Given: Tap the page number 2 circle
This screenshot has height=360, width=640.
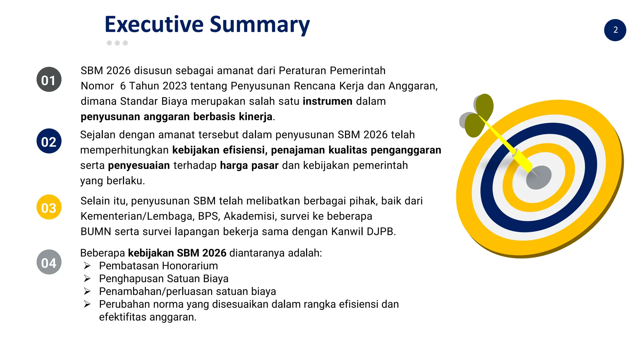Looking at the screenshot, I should coord(615,30).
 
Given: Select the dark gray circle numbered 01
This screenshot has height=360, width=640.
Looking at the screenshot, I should coord(49,80).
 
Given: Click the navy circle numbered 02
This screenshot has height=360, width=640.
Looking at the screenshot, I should coord(49,141).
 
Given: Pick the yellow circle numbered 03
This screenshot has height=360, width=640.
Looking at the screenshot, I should coord(49,207).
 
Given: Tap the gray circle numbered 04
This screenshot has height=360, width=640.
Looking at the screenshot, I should coord(49,262).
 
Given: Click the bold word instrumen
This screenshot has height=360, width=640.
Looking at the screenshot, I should coord(327,101).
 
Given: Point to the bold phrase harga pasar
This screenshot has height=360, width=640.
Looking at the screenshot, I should coord(249,165).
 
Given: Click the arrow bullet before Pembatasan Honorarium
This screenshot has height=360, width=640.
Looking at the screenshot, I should coord(87,266).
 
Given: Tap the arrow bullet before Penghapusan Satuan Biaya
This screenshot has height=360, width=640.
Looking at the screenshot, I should coord(87,279).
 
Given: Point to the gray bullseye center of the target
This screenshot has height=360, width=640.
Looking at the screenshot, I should coord(538,177).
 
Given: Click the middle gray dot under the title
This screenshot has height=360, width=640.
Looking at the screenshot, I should coord(117,43).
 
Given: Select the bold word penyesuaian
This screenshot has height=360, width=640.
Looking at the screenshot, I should coord(139,165).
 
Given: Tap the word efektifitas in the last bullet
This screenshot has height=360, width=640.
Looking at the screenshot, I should coord(122,317).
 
